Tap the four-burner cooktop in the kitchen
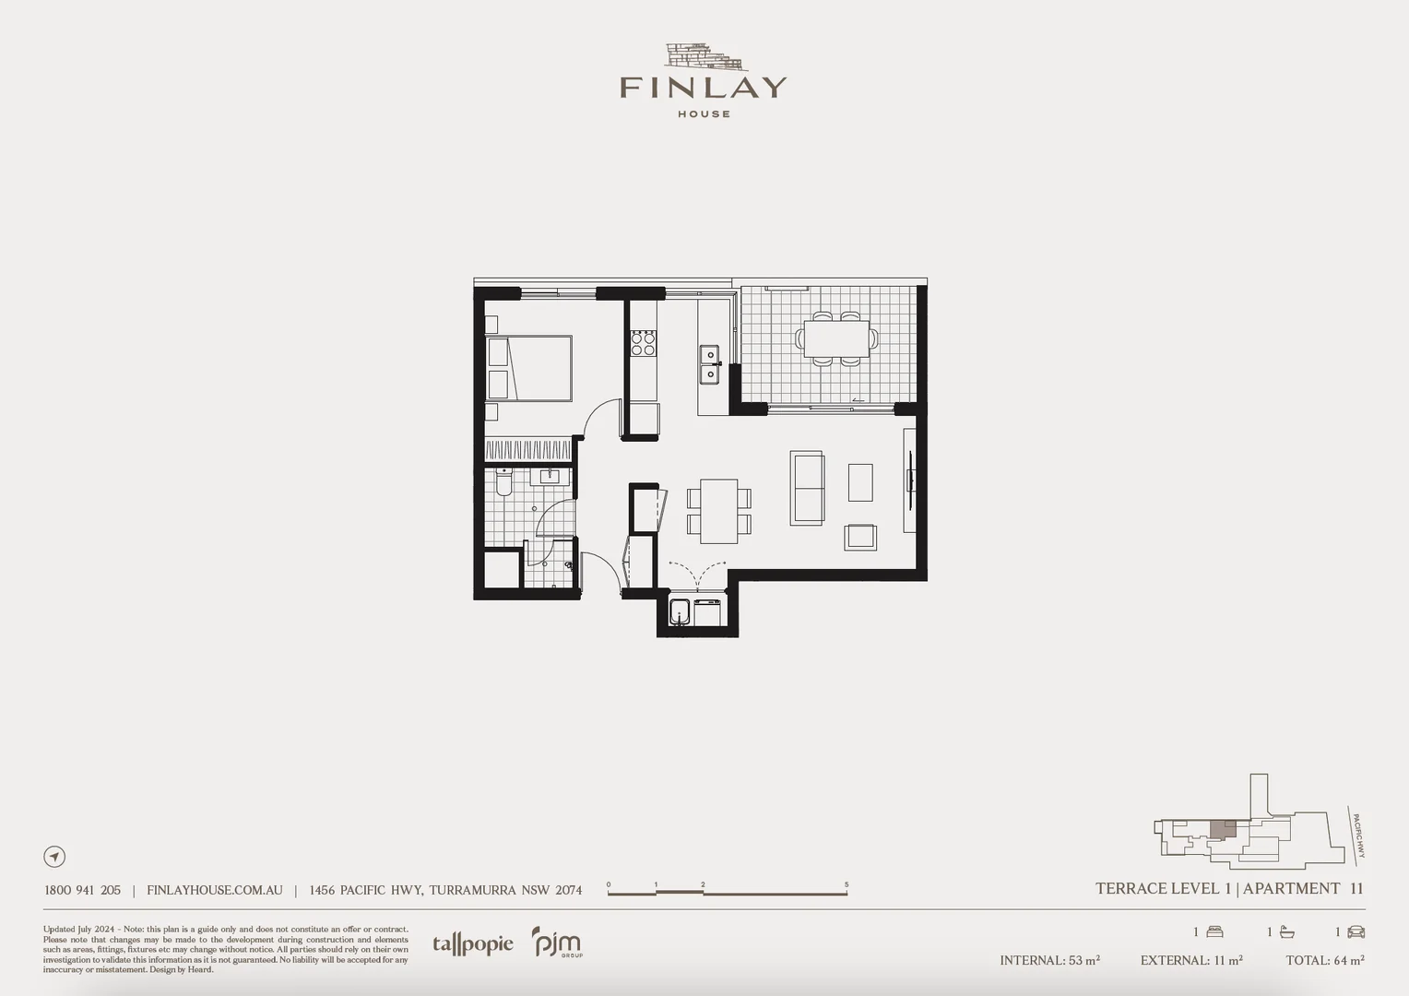tap(643, 344)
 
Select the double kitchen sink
tap(709, 364)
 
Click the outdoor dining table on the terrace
tap(836, 338)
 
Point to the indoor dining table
tap(718, 511)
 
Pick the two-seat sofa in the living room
tap(807, 488)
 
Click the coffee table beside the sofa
tap(860, 482)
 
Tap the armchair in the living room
tap(861, 537)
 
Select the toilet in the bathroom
tap(503, 483)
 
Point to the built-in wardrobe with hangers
tap(528, 450)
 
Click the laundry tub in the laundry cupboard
tap(681, 612)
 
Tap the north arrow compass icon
tap(54, 857)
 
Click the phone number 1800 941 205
tap(82, 890)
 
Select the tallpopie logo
tap(472, 944)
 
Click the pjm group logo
tap(557, 943)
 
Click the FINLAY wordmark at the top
tap(703, 88)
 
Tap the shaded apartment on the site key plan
tap(1223, 829)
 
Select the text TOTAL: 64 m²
tap(1324, 960)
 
